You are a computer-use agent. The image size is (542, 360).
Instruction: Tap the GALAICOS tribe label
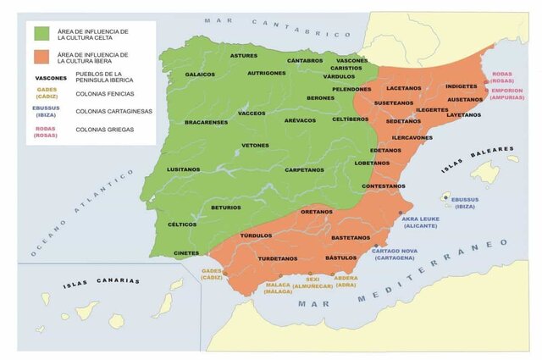[x=200, y=74]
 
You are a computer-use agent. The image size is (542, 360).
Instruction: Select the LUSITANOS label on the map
[x=184, y=169]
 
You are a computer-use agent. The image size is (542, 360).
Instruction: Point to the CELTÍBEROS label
[x=350, y=119]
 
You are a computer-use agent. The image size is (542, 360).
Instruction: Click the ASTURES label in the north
[x=244, y=55]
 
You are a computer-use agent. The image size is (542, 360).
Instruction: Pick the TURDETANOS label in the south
[x=278, y=258]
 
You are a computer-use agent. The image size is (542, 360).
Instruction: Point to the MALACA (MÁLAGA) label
[x=278, y=288]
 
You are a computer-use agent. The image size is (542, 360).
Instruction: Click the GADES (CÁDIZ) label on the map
[x=212, y=274]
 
